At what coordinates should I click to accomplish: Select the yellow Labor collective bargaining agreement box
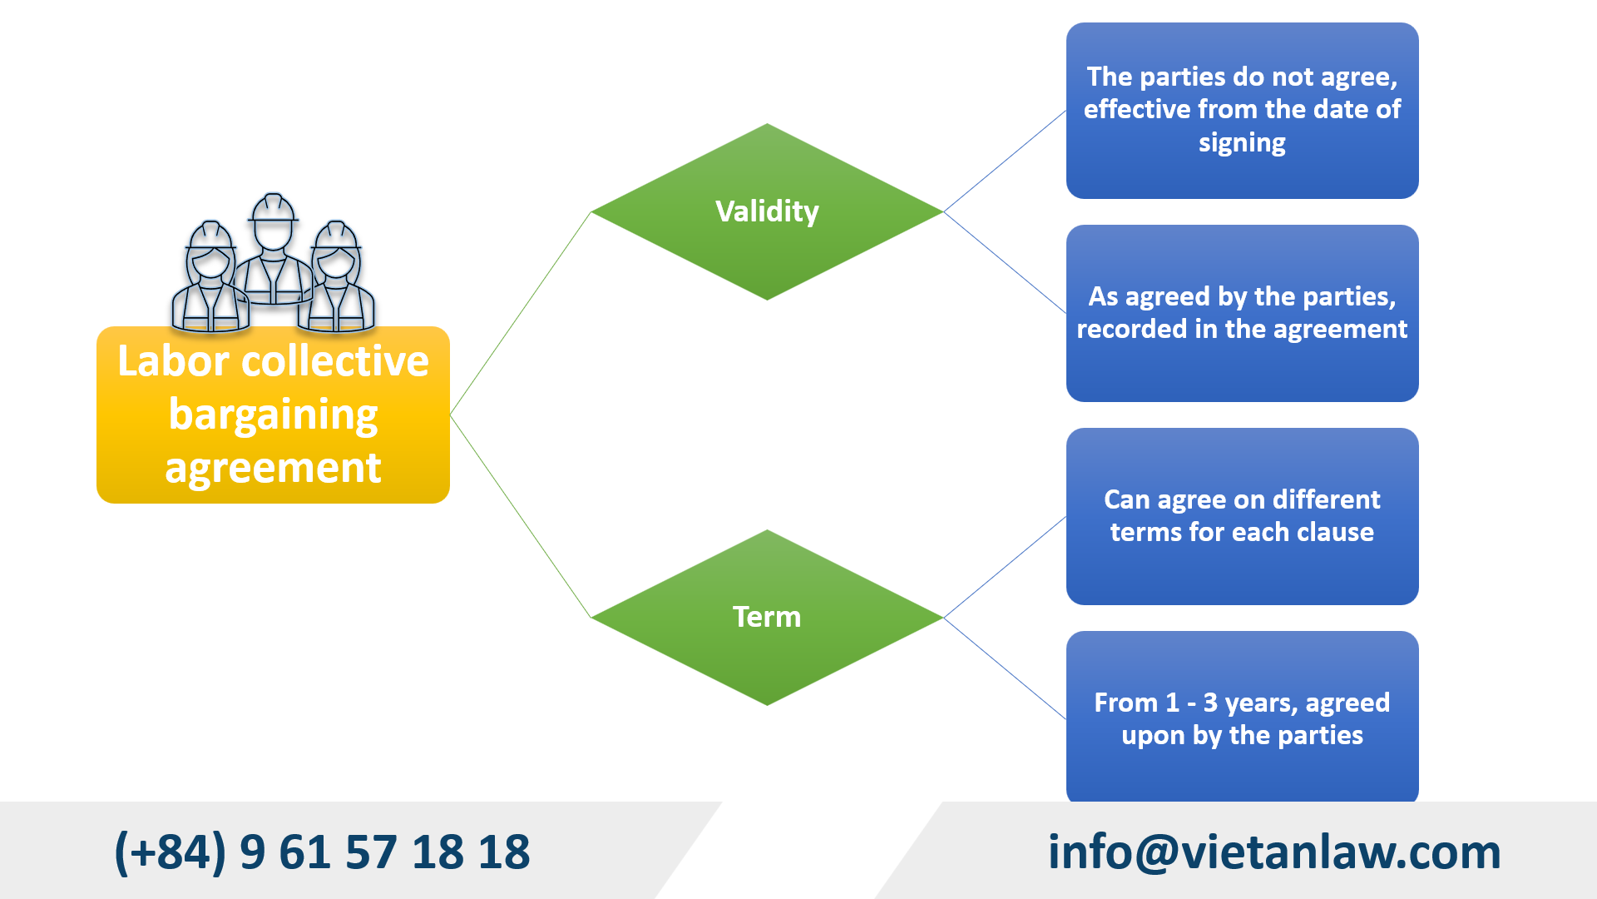click(x=273, y=415)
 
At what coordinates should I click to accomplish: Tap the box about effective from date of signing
click(x=1242, y=110)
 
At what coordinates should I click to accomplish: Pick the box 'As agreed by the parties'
click(x=1242, y=313)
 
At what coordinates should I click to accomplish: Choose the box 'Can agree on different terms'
click(x=1242, y=516)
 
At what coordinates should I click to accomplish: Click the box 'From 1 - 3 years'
click(x=1242, y=718)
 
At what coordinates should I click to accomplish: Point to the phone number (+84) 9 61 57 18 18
click(x=322, y=852)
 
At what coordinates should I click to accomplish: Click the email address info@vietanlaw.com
click(x=1273, y=852)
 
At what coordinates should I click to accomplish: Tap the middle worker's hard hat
click(x=273, y=207)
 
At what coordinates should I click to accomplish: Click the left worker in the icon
click(x=210, y=279)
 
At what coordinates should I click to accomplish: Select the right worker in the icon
click(x=337, y=279)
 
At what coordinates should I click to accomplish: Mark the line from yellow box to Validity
click(x=520, y=314)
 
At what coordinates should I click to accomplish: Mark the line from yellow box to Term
click(x=520, y=516)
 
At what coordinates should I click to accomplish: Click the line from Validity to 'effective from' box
click(x=1005, y=161)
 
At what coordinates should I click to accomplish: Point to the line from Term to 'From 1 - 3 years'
click(x=1005, y=668)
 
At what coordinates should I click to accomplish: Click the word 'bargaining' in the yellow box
click(x=273, y=415)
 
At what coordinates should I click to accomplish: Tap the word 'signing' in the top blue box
click(x=1242, y=142)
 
